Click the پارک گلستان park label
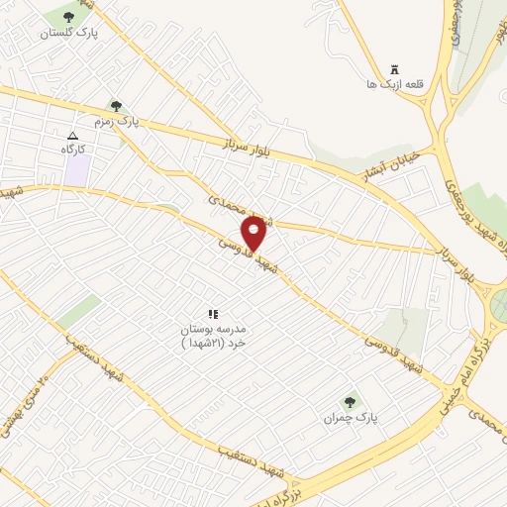(68, 33)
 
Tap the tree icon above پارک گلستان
(68, 17)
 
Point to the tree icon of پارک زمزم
(117, 106)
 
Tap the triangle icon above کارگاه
(72, 135)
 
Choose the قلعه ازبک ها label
(394, 84)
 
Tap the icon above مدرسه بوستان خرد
(212, 313)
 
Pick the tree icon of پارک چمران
(349, 402)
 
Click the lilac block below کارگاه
(77, 168)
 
